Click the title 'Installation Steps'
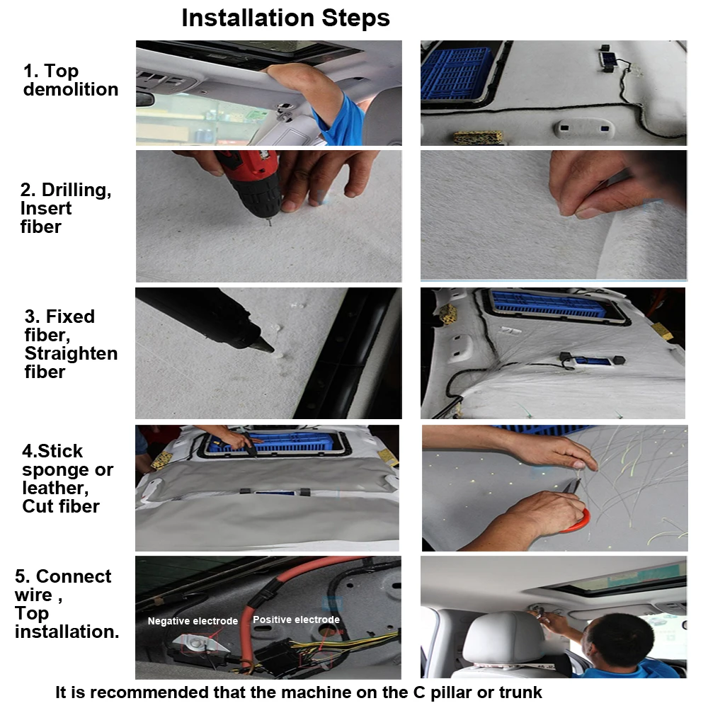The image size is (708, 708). click(x=285, y=18)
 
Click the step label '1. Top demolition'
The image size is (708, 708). click(x=70, y=80)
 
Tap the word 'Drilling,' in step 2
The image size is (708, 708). click(x=76, y=190)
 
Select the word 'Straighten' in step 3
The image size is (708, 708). click(x=71, y=353)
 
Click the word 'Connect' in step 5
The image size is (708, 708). click(x=74, y=576)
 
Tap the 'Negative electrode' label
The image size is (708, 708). click(x=193, y=621)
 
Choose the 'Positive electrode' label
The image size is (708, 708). click(x=296, y=619)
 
